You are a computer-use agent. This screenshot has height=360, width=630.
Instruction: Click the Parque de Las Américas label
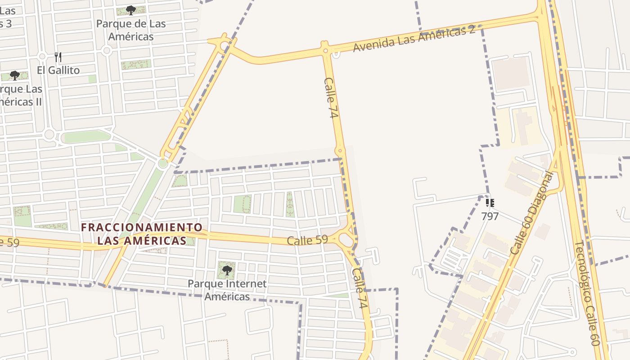tap(131, 30)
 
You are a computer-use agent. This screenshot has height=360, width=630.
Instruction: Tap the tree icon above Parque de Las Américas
tap(131, 10)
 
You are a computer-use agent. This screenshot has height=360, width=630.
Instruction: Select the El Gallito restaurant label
tap(58, 70)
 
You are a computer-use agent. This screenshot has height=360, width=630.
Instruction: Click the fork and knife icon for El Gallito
tap(58, 57)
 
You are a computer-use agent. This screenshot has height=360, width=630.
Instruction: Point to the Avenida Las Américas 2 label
tap(414, 39)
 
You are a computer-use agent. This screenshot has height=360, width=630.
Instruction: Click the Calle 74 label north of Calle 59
tap(331, 98)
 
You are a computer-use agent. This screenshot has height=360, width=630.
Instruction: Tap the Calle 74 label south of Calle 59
tap(360, 288)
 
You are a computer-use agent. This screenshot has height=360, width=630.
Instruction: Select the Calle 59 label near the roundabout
tap(307, 240)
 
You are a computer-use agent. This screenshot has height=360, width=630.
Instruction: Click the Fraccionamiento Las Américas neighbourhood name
tap(142, 234)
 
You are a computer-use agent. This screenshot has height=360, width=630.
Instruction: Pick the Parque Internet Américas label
tap(227, 290)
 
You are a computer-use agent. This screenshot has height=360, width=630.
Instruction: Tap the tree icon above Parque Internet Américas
tap(227, 270)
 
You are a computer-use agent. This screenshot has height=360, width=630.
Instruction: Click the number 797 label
tap(490, 216)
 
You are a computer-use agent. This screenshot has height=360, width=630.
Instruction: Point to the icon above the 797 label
tap(490, 203)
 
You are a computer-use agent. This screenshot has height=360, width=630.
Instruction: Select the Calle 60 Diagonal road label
tap(531, 213)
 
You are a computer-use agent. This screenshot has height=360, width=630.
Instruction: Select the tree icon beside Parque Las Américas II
tap(15, 75)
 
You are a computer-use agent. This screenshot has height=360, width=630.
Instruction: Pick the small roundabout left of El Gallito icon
tap(42, 57)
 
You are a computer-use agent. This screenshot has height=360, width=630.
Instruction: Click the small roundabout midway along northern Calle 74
tap(340, 151)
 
